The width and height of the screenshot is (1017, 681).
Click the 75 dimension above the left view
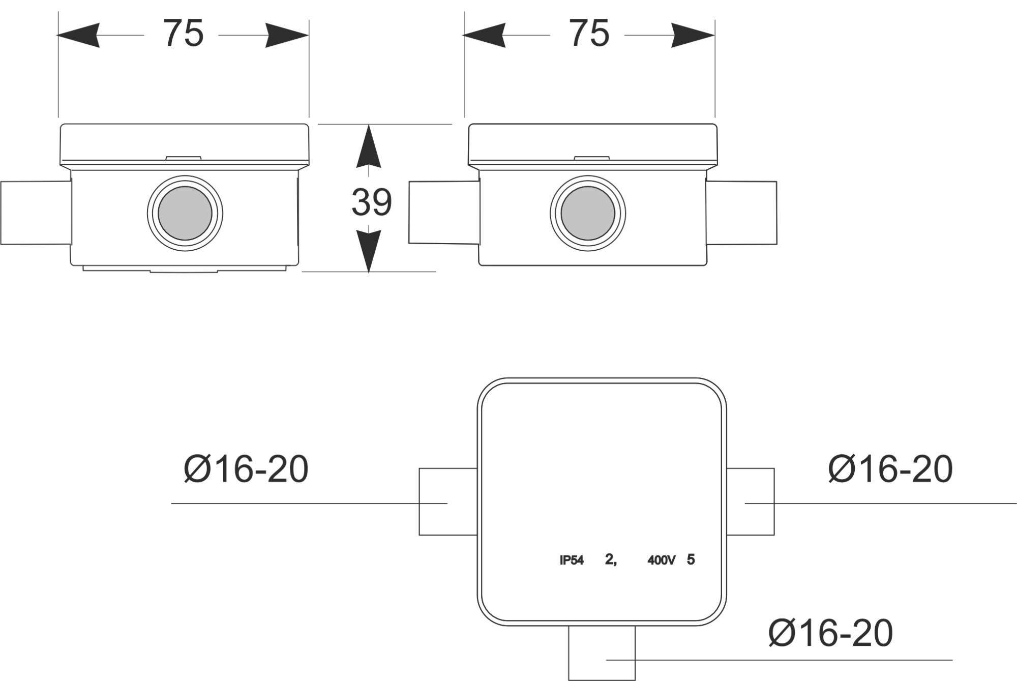(183, 34)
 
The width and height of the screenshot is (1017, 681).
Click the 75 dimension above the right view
(589, 34)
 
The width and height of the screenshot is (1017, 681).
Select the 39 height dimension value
(371, 202)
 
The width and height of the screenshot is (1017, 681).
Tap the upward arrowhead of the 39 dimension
(369, 147)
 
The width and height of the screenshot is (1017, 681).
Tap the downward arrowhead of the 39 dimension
(369, 250)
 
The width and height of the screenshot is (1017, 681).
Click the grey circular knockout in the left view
(185, 213)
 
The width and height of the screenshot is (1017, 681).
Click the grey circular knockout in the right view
(587, 213)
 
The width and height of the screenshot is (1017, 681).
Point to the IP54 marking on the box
(572, 560)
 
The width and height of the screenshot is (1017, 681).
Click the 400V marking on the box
(661, 560)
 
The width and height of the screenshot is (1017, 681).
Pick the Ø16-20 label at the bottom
(830, 633)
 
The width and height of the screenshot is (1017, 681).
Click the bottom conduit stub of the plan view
(602, 653)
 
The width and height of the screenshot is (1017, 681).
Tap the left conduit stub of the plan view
(447, 501)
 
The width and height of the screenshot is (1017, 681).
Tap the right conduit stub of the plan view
(751, 501)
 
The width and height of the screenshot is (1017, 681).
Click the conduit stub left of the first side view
(35, 213)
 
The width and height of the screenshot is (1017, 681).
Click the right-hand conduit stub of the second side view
(741, 213)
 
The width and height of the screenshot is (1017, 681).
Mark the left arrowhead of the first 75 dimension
(79, 35)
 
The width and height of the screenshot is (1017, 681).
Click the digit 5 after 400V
(691, 559)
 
